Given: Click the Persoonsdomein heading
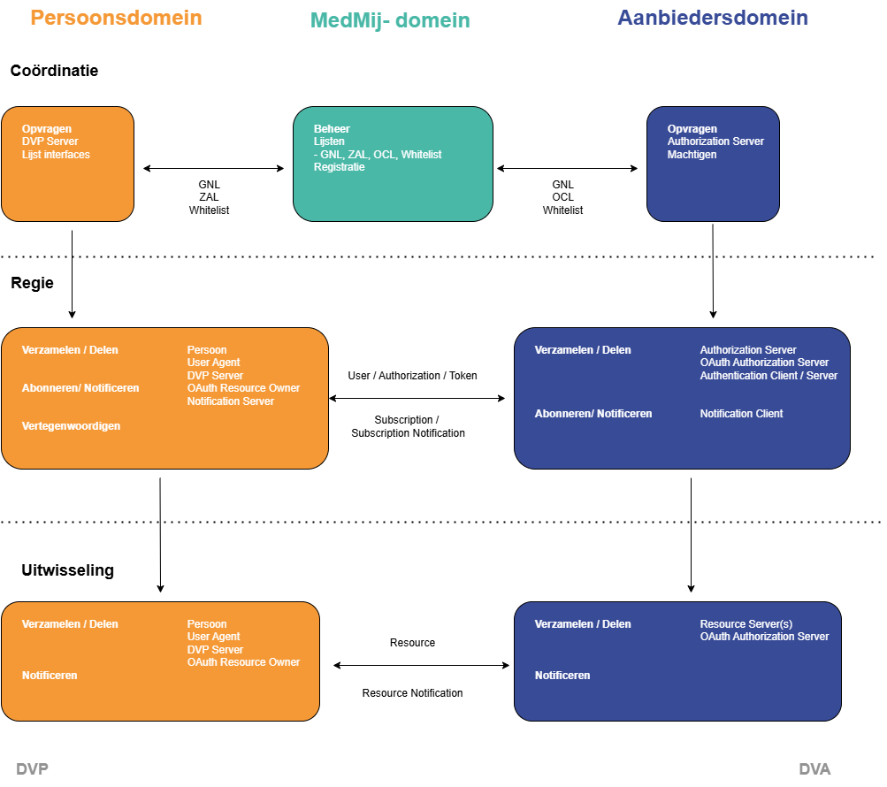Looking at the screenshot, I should click(116, 18).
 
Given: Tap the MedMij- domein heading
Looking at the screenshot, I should click(390, 20).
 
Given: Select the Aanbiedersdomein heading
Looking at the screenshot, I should click(712, 18).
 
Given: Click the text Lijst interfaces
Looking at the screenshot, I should click(56, 155).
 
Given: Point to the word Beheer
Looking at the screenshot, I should click(332, 129).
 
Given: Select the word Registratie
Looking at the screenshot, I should click(339, 167).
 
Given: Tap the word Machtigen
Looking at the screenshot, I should click(692, 155).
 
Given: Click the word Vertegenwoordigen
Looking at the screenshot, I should click(71, 426).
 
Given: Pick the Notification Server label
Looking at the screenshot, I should click(231, 401).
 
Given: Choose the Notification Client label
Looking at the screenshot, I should click(741, 414).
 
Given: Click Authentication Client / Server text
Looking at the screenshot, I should click(768, 376).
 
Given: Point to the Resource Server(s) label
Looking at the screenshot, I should click(746, 624).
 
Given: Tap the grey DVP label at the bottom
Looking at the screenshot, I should click(33, 769).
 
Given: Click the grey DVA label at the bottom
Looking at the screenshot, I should click(814, 769).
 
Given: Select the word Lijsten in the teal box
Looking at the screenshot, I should click(329, 141).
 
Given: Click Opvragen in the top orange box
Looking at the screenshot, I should click(47, 129).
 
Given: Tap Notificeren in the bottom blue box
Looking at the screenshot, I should click(562, 676).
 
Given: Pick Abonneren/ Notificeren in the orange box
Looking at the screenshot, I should click(80, 388).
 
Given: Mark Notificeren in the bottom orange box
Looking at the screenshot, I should click(50, 676).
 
